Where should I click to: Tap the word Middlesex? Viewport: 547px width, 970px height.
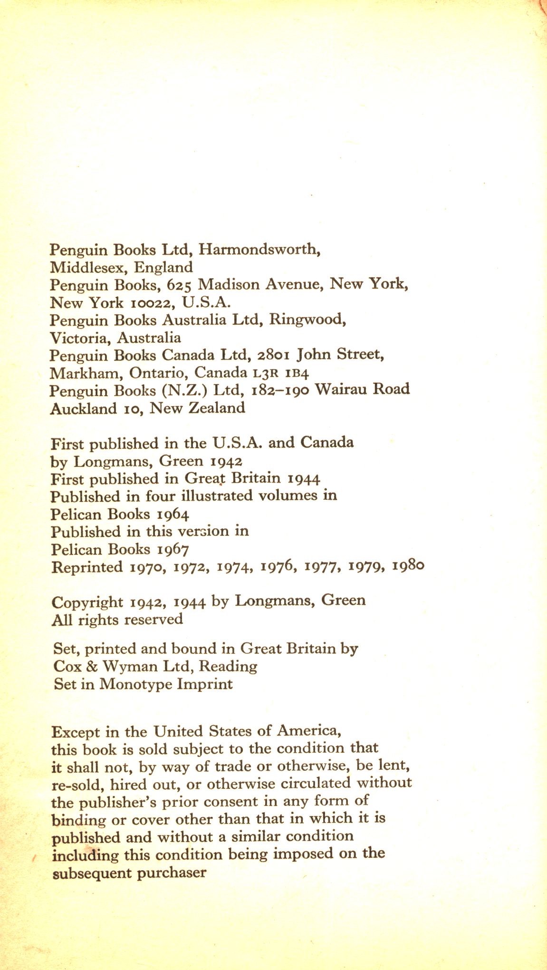[90, 267]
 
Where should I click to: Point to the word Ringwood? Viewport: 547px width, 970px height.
[307, 320]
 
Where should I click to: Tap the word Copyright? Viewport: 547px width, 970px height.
[87, 602]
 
